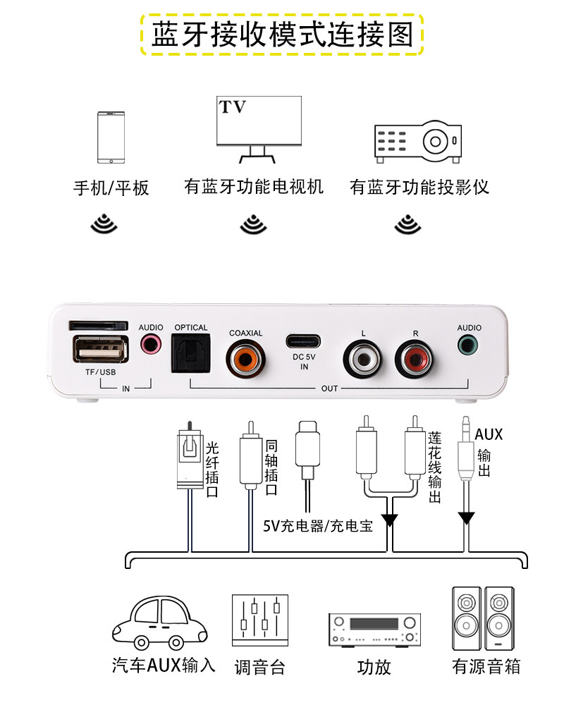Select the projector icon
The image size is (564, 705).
417,140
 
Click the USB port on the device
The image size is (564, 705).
99,350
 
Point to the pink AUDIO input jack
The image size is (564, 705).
150,345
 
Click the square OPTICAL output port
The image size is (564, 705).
191,353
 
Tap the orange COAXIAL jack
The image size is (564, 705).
245,357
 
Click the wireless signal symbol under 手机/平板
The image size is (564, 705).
104,223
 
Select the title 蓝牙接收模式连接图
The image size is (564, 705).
282,34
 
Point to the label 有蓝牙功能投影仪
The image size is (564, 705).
419,187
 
